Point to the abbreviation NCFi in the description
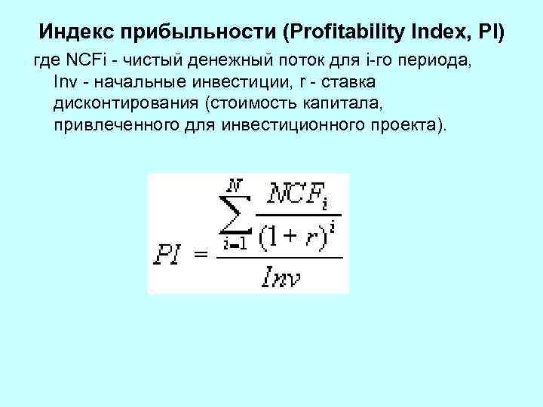[75, 60]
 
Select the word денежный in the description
[216, 60]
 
